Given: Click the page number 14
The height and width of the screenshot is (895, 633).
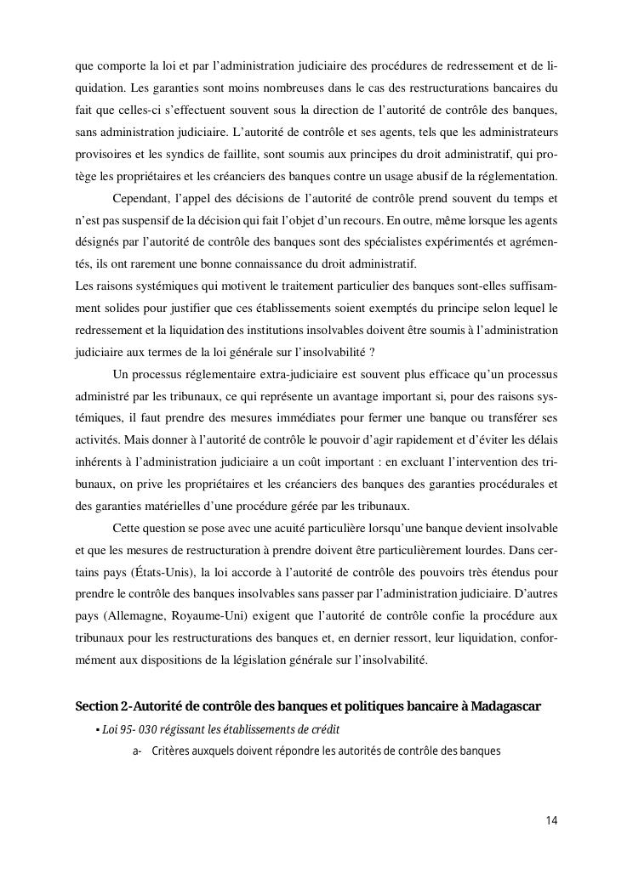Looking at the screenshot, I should pos(551,820).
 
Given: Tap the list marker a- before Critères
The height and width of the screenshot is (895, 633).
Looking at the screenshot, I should pos(137,751).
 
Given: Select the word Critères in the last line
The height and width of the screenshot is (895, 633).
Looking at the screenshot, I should pos(173,751).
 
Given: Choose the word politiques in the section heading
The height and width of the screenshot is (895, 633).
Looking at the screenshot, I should pos(345,707).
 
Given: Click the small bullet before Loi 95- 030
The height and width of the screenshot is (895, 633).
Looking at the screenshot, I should pos(98,730).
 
